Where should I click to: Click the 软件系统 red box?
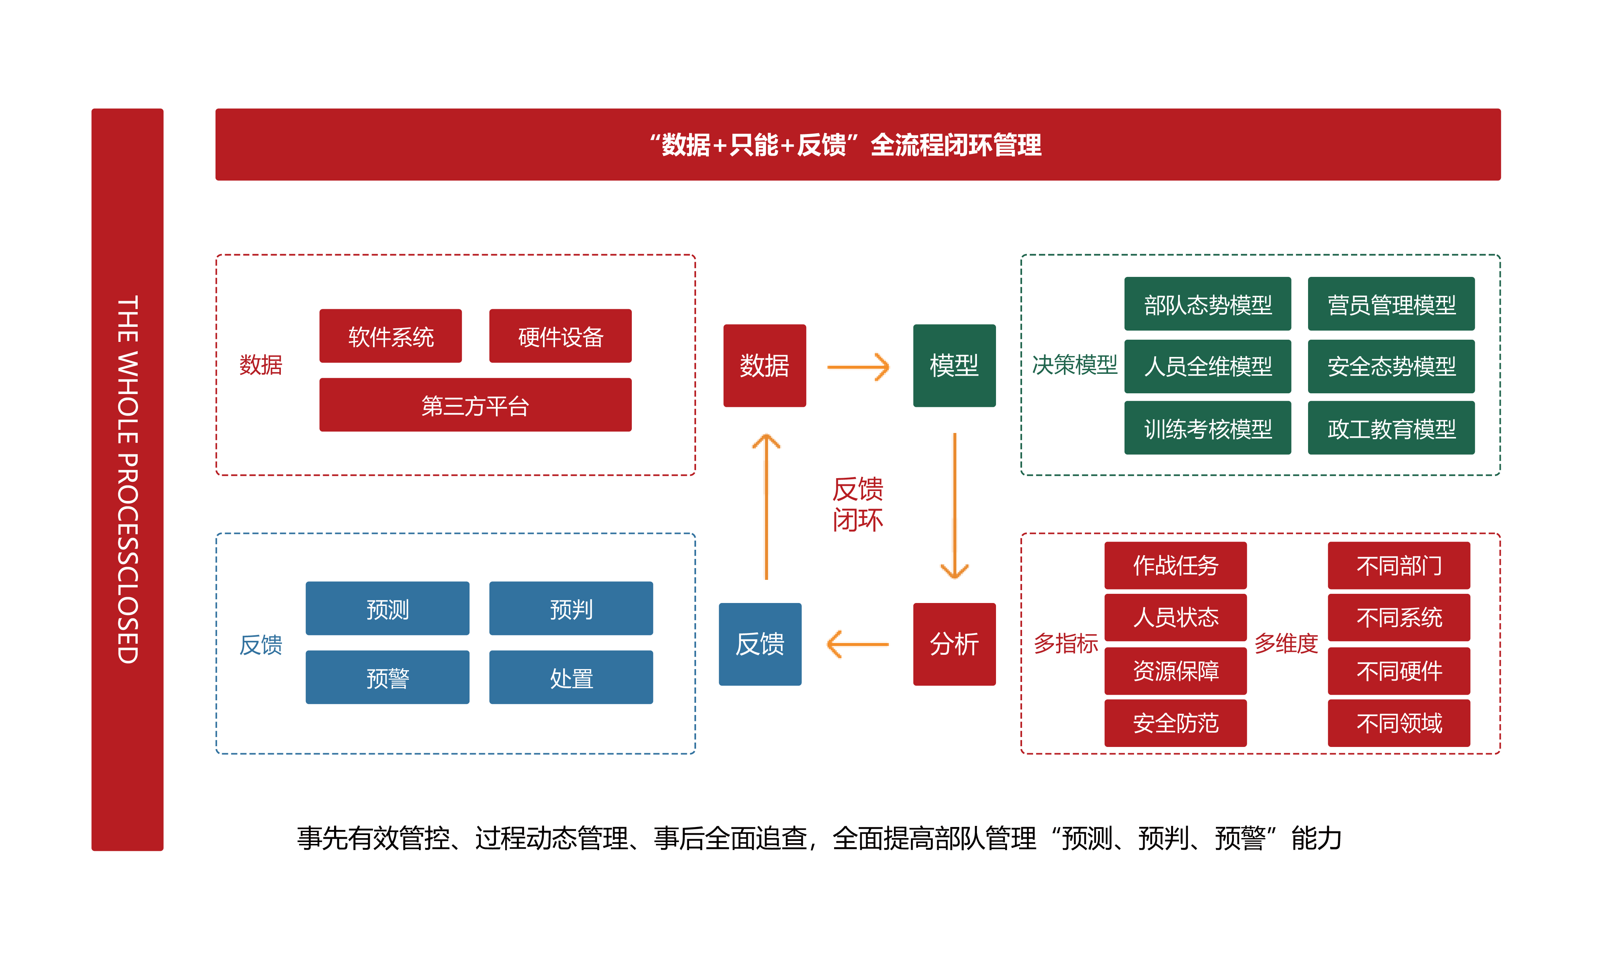[390, 336]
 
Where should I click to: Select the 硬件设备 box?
[560, 336]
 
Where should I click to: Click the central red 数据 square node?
[764, 365]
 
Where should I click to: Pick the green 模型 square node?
[954, 365]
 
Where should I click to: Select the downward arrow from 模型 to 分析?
[954, 506]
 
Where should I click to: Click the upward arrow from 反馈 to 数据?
[766, 506]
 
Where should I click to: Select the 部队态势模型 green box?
[1207, 304]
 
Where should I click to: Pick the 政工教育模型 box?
[1391, 428]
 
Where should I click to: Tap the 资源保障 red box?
[1175, 670]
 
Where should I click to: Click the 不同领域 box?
[1398, 722]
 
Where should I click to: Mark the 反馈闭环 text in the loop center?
[858, 504]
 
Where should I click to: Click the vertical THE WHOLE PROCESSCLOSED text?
[127, 480]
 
